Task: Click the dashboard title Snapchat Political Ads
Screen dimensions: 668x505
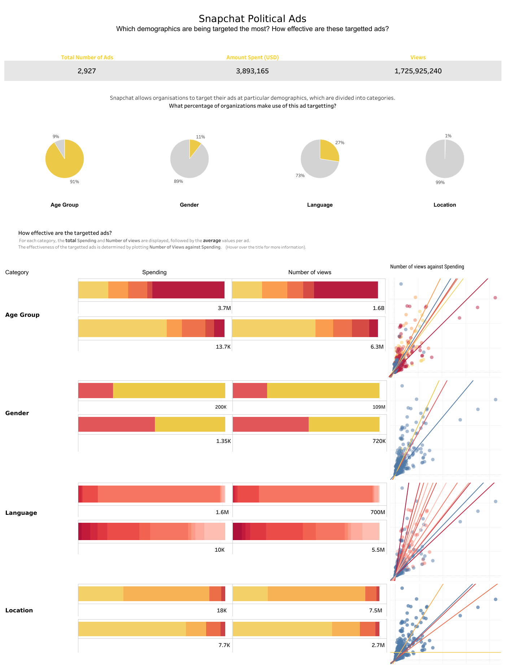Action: (252, 19)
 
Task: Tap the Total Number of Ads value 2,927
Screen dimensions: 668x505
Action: (87, 71)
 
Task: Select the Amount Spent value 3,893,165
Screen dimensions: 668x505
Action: (252, 71)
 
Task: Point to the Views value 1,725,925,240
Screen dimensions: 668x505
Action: (418, 71)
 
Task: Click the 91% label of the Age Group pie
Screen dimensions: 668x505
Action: (74, 182)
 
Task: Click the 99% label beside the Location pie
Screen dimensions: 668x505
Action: (440, 182)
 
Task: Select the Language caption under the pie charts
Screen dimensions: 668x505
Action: (320, 205)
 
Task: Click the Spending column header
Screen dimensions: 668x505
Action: (154, 272)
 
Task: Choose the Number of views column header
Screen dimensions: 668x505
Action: (309, 272)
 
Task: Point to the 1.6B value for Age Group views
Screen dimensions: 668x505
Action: (378, 308)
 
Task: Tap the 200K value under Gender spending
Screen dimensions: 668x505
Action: (221, 407)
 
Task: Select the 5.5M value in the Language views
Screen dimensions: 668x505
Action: (378, 550)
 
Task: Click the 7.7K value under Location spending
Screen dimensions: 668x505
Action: (224, 645)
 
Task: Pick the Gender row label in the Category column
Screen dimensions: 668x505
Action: (17, 413)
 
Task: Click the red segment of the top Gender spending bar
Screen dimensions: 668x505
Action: (96, 390)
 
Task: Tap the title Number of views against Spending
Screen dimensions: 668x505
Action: (427, 267)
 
